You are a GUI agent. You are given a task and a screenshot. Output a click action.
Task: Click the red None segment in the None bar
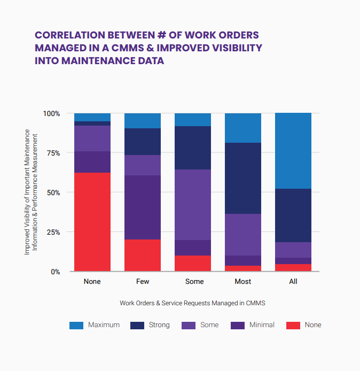pyautogui.click(x=92, y=222)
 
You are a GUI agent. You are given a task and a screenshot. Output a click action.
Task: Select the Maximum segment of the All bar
pyautogui.click(x=293, y=151)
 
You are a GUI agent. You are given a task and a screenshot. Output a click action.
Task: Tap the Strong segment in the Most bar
pyautogui.click(x=243, y=178)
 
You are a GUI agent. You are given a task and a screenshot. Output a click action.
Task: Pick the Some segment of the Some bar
pyautogui.click(x=193, y=205)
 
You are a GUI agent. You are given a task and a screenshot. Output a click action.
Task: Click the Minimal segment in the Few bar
pyautogui.click(x=143, y=207)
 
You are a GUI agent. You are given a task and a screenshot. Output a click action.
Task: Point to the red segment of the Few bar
pyautogui.click(x=143, y=255)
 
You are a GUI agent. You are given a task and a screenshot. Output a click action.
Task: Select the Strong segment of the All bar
pyautogui.click(x=293, y=215)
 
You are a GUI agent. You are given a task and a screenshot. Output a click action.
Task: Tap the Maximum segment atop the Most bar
pyautogui.click(x=243, y=128)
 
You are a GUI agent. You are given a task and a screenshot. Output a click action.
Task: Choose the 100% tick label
pyautogui.click(x=51, y=114)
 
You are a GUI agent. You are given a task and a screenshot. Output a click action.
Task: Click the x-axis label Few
pyautogui.click(x=143, y=281)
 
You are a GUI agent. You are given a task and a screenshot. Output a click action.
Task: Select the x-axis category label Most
pyautogui.click(x=243, y=281)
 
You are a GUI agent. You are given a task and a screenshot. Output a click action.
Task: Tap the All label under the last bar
pyautogui.click(x=293, y=281)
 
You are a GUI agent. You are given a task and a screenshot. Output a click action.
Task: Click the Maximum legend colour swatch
pyautogui.click(x=76, y=325)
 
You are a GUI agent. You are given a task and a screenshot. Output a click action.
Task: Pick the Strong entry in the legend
pyautogui.click(x=159, y=325)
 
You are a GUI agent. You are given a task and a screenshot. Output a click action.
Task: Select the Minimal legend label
pyautogui.click(x=261, y=325)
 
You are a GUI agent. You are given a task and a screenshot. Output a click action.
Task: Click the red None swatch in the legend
pyautogui.click(x=294, y=325)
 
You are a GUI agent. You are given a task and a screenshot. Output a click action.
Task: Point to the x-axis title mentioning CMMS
pyautogui.click(x=192, y=303)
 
